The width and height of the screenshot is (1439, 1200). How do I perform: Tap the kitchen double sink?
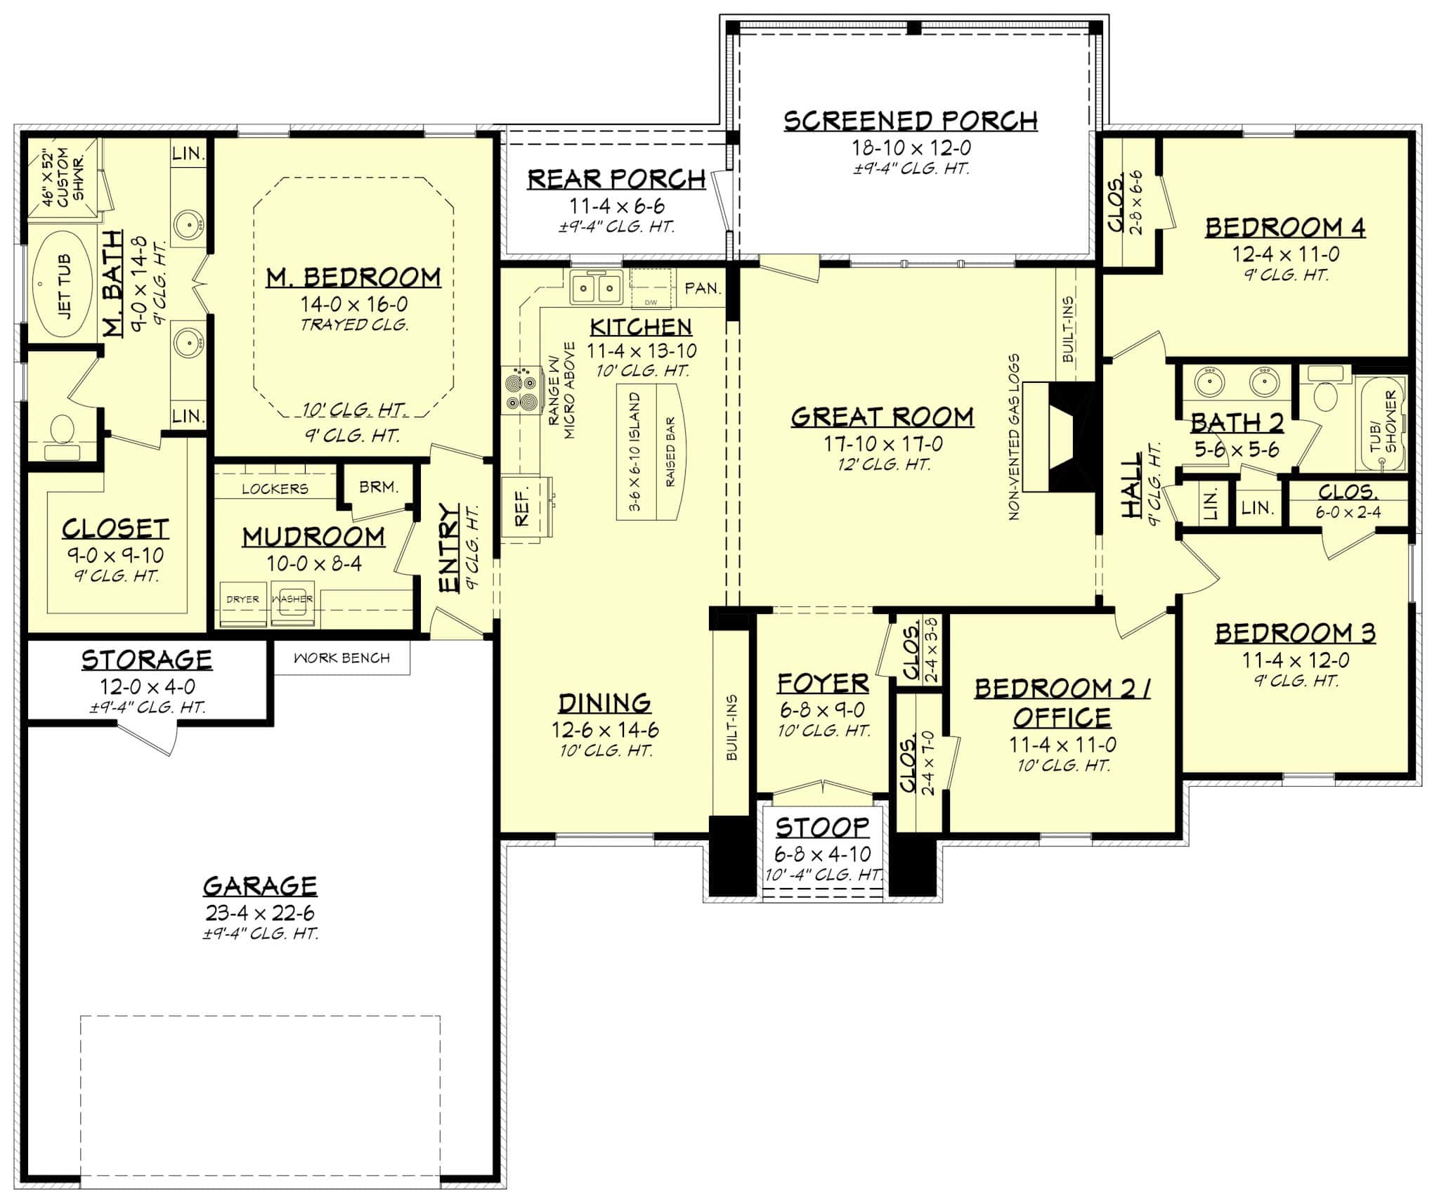(x=596, y=288)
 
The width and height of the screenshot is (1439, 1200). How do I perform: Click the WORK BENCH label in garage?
(x=341, y=658)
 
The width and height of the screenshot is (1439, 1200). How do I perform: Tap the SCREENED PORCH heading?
(x=911, y=121)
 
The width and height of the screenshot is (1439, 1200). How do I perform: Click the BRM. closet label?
(x=379, y=486)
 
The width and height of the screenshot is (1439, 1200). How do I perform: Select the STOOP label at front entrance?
(x=822, y=827)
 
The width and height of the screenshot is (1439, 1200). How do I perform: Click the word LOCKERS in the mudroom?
(x=275, y=489)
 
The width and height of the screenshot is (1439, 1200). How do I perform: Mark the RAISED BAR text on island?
(x=670, y=452)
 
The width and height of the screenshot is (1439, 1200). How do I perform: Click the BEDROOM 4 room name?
(x=1284, y=228)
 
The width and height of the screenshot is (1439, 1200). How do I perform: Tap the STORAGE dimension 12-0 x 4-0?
(x=148, y=686)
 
